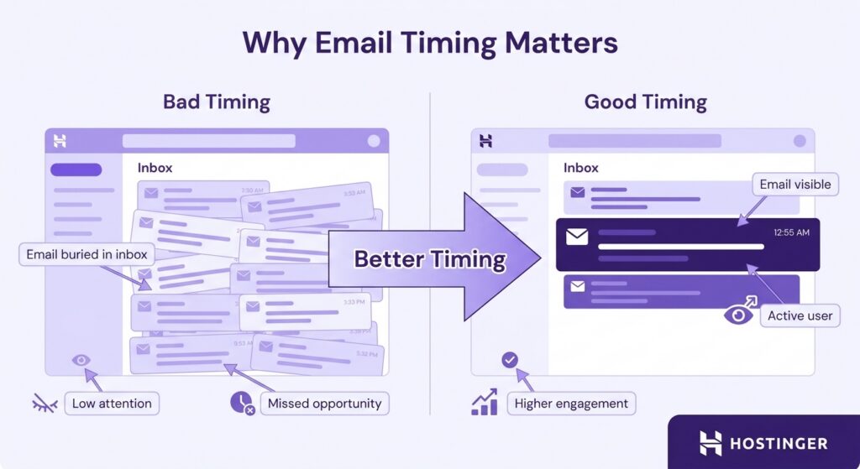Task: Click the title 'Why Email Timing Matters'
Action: tap(429, 43)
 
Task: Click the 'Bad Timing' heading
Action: tap(216, 102)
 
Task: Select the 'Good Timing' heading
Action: tap(645, 102)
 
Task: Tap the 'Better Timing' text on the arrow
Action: tap(429, 259)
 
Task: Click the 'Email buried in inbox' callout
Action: tap(87, 254)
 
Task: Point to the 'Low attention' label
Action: tap(112, 404)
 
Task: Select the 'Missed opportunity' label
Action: tap(324, 404)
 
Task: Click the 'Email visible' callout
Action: tap(794, 185)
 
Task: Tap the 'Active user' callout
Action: tap(800, 316)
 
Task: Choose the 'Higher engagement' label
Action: tap(571, 404)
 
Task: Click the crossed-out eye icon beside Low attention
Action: tap(44, 404)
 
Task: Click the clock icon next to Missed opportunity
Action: tap(241, 404)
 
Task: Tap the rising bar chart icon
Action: tap(485, 403)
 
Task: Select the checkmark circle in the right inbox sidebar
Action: tap(509, 361)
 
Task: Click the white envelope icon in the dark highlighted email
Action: tap(577, 237)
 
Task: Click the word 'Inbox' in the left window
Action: tap(155, 168)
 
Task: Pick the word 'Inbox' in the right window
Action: tap(581, 168)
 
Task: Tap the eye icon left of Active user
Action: tap(738, 315)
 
